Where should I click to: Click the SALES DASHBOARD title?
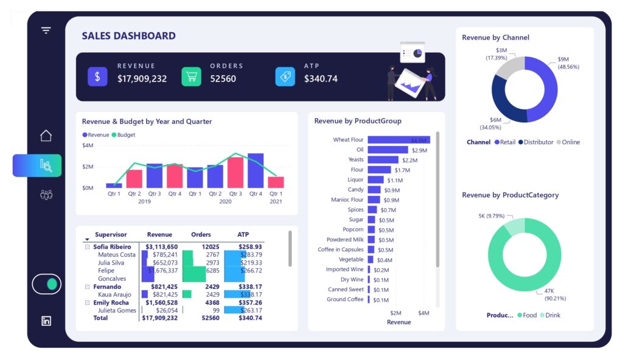point(128,36)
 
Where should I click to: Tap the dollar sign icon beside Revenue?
point(97,76)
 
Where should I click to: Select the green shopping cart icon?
point(191,76)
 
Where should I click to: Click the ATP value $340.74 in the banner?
point(321,79)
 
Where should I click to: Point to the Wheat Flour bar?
point(399,140)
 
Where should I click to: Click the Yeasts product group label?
point(356,160)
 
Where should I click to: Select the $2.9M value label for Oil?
point(419,150)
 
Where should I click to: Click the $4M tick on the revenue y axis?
point(88,146)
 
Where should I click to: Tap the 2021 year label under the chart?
point(276,201)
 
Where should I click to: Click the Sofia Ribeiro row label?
point(112,247)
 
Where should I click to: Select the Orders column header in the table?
point(201,235)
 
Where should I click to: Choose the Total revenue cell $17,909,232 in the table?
point(159,318)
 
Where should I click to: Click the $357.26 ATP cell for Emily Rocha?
point(250,302)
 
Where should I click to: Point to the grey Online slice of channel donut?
point(509,68)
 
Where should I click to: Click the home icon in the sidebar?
point(46,136)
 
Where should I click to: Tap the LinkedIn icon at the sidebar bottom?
point(46,321)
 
